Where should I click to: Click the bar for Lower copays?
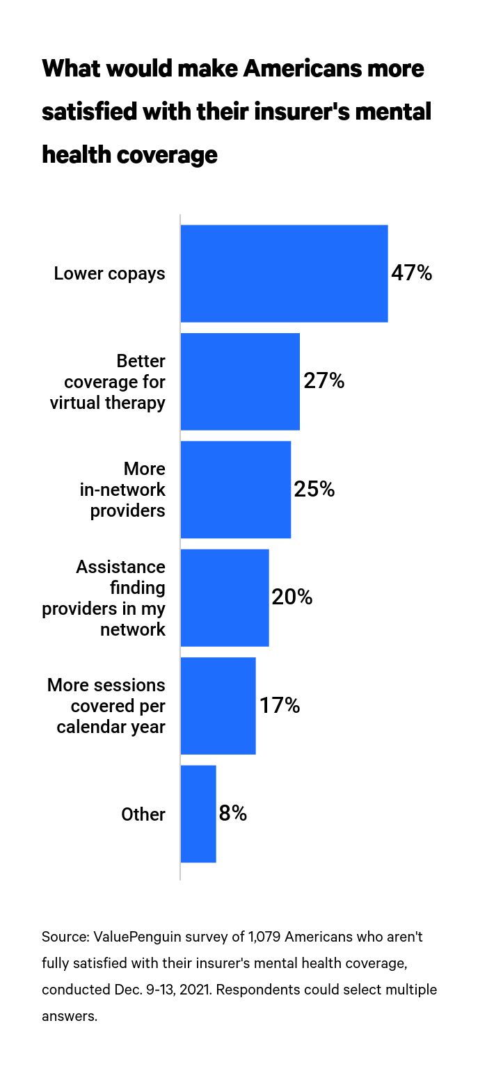(284, 273)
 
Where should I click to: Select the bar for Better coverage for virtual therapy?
(240, 381)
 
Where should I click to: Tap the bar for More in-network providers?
(235, 490)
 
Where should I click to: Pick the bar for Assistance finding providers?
(224, 597)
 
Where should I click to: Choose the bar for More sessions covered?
(218, 706)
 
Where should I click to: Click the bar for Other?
(198, 814)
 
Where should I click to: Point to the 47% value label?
(412, 273)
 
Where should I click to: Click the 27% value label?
(324, 381)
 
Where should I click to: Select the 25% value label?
(314, 490)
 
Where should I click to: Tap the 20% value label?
(292, 597)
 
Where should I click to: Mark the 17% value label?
(280, 706)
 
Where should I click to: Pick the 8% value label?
(233, 814)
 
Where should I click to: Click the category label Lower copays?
(109, 273)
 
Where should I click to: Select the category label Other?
(143, 814)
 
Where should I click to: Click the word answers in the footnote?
(69, 1016)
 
